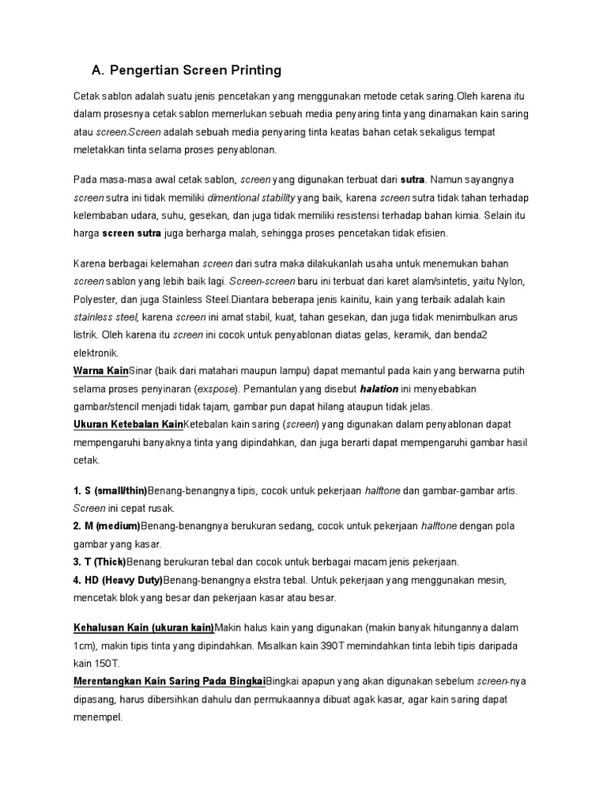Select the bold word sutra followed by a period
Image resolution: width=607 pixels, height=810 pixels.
click(413, 180)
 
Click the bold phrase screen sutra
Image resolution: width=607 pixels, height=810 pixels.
click(132, 233)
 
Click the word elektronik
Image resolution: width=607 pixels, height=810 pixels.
click(96, 353)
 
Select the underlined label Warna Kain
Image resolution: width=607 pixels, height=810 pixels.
click(100, 370)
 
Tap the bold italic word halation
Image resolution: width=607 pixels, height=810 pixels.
click(379, 388)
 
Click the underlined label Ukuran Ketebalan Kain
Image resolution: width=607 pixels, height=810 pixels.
click(128, 424)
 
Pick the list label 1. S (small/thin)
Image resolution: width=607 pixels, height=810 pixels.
click(110, 490)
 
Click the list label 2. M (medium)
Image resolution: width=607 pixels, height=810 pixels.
click(107, 526)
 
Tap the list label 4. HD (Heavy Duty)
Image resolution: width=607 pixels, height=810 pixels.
click(118, 580)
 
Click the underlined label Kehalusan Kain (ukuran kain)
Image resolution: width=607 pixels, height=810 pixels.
click(144, 627)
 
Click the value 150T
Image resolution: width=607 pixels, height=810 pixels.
click(107, 664)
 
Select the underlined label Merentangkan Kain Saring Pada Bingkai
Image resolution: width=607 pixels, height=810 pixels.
click(169, 681)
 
